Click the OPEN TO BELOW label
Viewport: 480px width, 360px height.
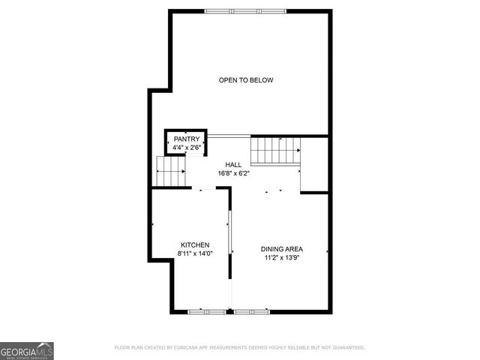(246, 80)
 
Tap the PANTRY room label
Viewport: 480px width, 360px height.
(187, 139)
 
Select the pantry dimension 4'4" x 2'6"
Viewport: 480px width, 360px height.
(187, 148)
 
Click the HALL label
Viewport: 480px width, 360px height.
(234, 164)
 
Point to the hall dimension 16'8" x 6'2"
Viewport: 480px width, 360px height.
(234, 173)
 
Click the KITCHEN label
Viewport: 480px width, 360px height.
(195, 244)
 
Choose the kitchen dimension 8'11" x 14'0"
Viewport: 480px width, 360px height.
(195, 253)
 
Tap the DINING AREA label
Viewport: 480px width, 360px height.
(281, 249)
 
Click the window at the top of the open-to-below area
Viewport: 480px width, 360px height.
(245, 10)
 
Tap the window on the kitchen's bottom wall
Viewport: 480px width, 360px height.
(208, 310)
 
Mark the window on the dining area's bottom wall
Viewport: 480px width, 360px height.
(252, 310)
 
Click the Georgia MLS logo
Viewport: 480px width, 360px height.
(27, 350)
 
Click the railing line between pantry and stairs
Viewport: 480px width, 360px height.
(229, 136)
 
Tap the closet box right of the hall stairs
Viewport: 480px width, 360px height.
(314, 163)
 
